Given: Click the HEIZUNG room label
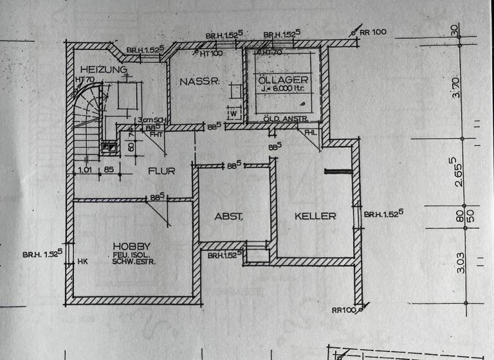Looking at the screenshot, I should click(104, 69).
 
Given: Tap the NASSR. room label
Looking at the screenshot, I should click(200, 82).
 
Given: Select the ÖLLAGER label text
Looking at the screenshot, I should click(283, 79).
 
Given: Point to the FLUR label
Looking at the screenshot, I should click(161, 171).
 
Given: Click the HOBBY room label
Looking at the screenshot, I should click(131, 246).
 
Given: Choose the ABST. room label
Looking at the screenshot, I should click(228, 217).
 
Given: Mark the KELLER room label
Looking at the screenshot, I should click(315, 216).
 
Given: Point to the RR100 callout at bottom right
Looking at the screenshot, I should click(345, 310).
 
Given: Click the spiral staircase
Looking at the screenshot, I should click(86, 122).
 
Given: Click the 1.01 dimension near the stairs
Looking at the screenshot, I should click(84, 170).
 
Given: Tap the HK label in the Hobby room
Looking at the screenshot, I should click(82, 262).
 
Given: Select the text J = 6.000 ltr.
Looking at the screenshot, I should click(284, 91).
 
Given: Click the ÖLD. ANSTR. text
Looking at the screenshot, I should click(284, 119).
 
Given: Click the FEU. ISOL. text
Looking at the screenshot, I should click(131, 255).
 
